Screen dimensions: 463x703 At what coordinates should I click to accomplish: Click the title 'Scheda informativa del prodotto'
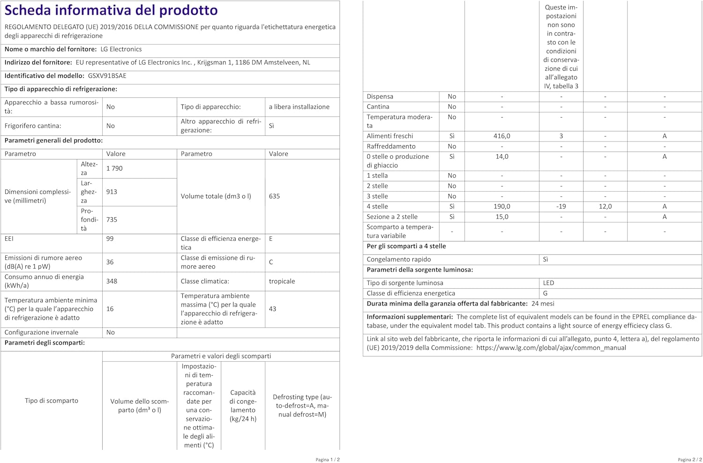[x=111, y=10]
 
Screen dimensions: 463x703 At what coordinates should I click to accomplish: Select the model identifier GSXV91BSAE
[x=107, y=75]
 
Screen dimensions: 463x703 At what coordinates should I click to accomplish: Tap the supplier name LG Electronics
[x=121, y=49]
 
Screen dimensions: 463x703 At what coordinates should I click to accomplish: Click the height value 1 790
[x=114, y=168]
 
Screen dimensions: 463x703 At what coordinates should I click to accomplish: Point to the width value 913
[x=112, y=192]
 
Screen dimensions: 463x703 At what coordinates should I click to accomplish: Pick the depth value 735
[x=112, y=219]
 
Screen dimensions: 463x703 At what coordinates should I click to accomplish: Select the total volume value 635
[x=274, y=196]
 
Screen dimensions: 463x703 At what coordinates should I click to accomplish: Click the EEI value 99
[x=110, y=239]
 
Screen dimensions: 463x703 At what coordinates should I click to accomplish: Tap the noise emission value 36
[x=110, y=262]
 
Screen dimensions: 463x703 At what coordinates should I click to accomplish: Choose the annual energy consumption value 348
[x=112, y=281]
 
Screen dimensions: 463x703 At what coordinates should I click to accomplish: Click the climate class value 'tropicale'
[x=282, y=281]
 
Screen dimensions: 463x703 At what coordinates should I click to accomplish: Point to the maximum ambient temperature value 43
[x=272, y=309]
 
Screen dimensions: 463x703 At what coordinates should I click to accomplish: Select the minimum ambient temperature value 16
[x=110, y=309]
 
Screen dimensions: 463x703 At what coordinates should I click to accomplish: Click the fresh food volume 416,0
[x=501, y=136]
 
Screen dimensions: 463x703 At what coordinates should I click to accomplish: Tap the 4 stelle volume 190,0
[x=501, y=206]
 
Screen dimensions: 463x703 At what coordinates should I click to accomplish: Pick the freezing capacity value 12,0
[x=605, y=206]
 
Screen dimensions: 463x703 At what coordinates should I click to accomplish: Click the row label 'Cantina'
[x=378, y=107]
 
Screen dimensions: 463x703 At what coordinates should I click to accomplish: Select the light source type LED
[x=548, y=283]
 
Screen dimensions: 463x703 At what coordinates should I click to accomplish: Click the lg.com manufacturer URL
[x=551, y=348]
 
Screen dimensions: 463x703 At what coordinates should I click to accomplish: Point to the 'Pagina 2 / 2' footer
[x=690, y=460]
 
